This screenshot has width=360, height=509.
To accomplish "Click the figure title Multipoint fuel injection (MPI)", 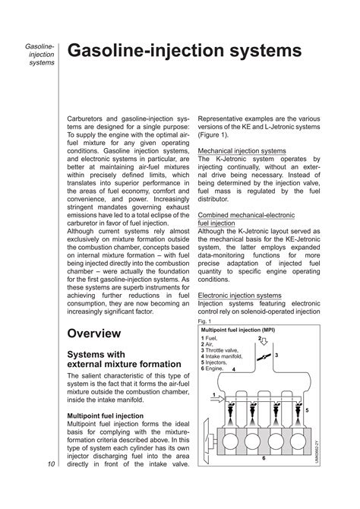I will pyautogui.click(x=237, y=331).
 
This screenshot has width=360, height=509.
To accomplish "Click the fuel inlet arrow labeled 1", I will pyautogui.click(x=216, y=398).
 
